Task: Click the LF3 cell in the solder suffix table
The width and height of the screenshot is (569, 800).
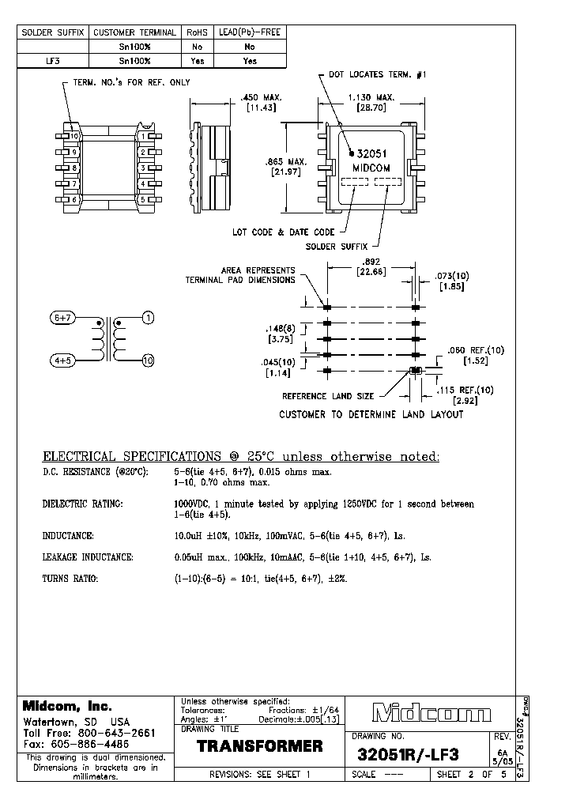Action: (53, 60)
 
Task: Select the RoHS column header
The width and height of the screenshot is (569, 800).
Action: (197, 33)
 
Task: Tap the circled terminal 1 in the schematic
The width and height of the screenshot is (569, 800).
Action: (148, 318)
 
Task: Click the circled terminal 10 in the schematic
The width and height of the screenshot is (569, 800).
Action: (148, 361)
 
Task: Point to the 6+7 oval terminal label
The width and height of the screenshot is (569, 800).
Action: (63, 318)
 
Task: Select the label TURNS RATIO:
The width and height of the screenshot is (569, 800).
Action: (70, 579)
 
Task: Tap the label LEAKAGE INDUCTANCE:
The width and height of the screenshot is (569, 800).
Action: (88, 557)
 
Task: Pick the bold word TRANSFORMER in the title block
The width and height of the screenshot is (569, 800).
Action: (260, 746)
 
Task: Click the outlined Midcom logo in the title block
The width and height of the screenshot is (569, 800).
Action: (431, 715)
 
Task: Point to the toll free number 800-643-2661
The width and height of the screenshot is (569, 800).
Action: (119, 733)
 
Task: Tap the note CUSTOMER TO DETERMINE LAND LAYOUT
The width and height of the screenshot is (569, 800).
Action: (371, 414)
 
